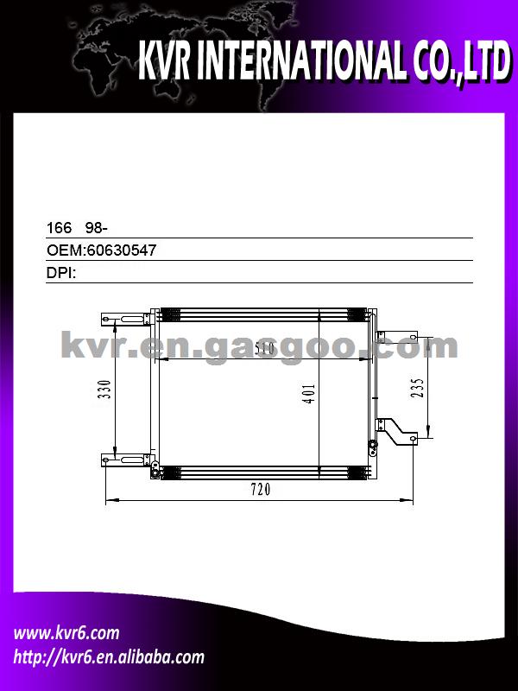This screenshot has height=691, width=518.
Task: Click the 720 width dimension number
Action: pos(261,489)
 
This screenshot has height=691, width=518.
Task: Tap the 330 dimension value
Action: pos(104,390)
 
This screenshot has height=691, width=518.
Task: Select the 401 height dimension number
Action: pos(309,394)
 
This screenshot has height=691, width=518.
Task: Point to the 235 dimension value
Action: pos(418,388)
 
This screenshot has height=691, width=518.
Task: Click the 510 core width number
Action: pos(265,348)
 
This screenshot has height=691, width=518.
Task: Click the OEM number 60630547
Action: pos(122,250)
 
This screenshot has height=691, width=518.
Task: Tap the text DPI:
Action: pos(61,273)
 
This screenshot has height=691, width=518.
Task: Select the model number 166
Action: pos(59,228)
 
